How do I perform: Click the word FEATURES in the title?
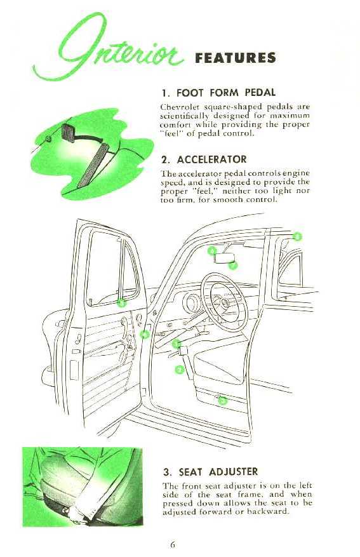click(236, 58)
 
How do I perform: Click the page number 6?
click(173, 544)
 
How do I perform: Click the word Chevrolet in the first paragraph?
click(177, 107)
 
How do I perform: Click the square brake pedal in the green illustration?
click(68, 133)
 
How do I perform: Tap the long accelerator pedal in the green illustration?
click(93, 166)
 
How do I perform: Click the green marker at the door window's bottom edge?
click(122, 303)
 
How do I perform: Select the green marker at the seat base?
click(222, 401)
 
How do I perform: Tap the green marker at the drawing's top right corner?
click(297, 236)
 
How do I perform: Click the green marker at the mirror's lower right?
click(232, 265)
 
